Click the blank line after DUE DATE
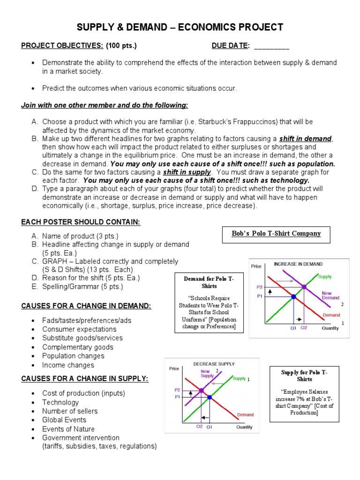coord(271,46)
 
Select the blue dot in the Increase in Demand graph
coord(293,296)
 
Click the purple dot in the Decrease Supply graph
coord(201,390)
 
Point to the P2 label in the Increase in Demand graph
coord(260,287)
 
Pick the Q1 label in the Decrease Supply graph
coord(210,427)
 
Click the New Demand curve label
coord(330,295)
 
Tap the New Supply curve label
coord(207,373)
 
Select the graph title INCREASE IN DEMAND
coord(298,264)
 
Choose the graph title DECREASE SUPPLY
coord(214,364)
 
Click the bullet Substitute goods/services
coord(82,338)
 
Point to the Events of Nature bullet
coord(68,429)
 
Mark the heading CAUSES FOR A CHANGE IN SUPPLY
coord(85,378)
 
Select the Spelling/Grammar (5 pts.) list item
coord(82,286)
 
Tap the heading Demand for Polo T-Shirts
coord(209,282)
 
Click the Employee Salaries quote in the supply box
coord(304,399)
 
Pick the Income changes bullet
coord(68,365)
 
